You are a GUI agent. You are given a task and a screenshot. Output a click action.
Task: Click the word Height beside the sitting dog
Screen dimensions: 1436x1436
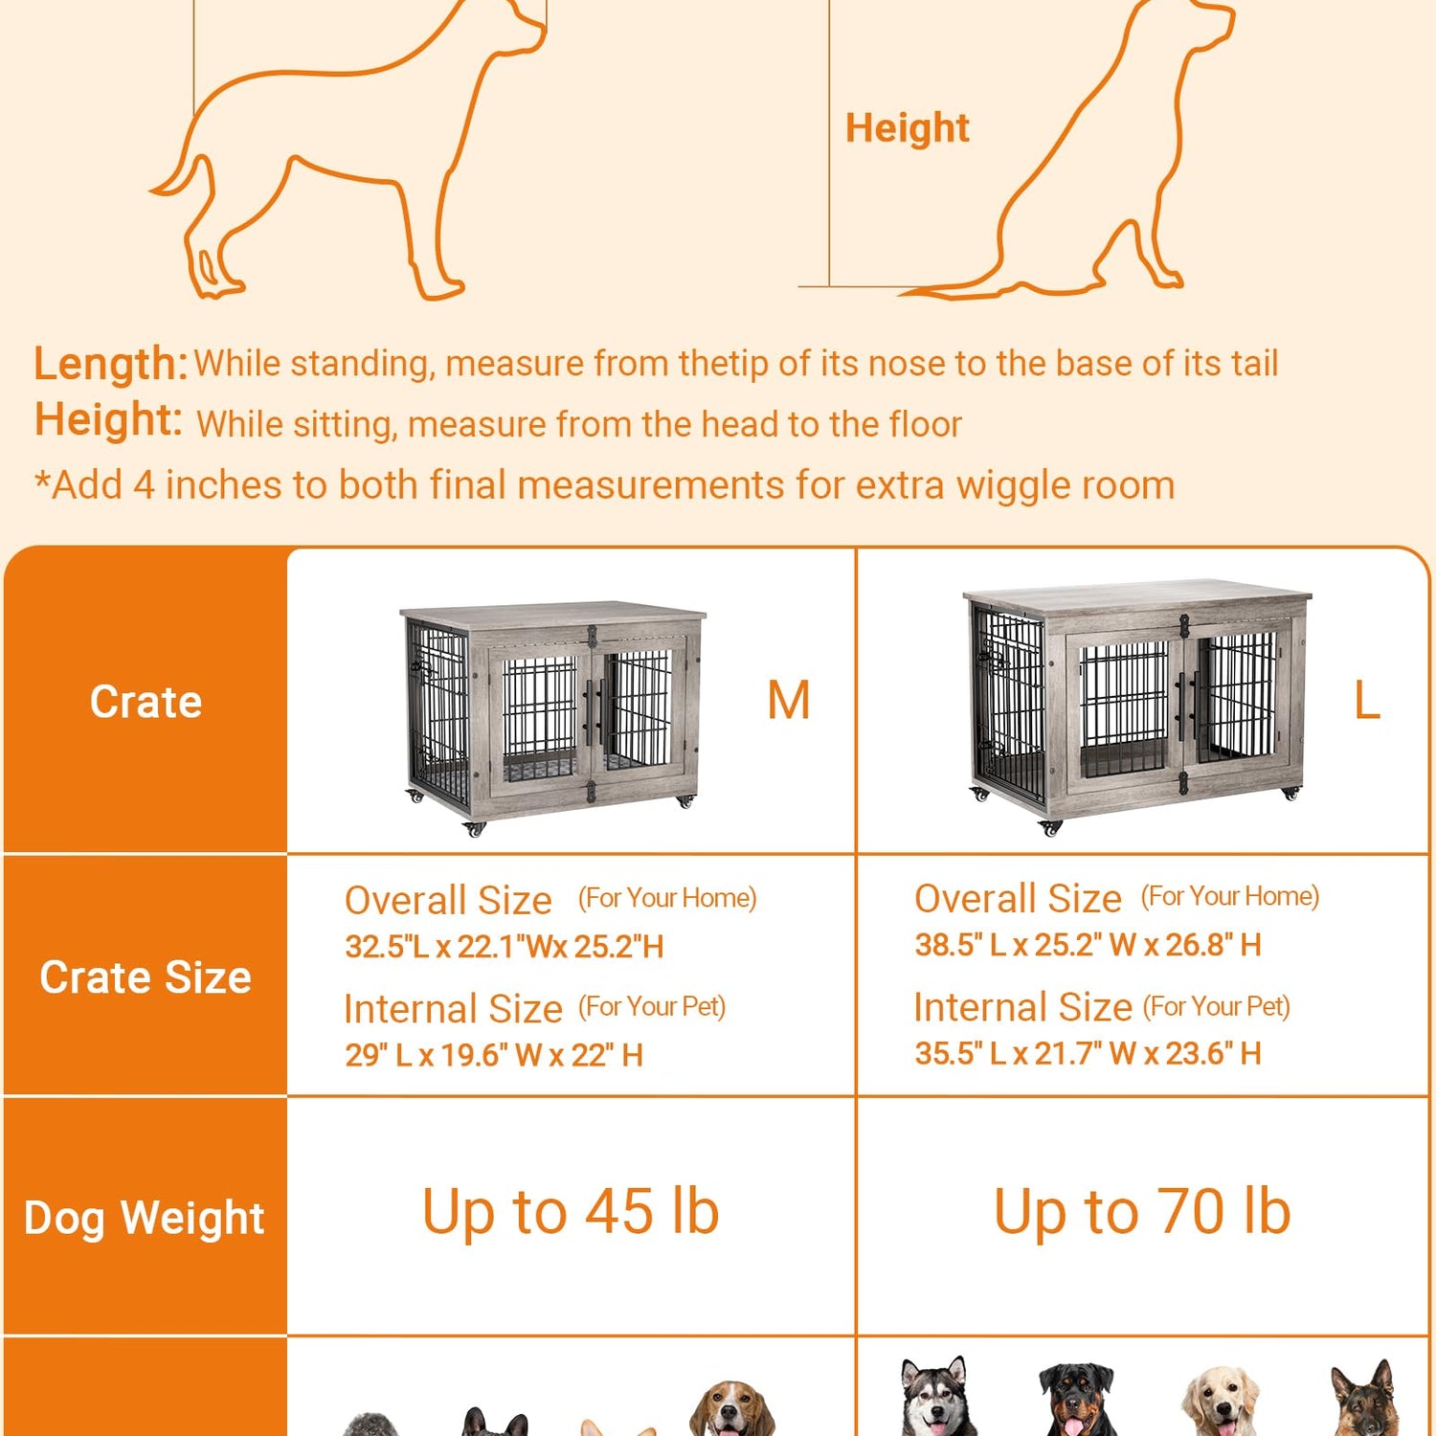[x=907, y=128]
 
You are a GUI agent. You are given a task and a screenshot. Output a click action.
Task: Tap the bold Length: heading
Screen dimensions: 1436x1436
[x=110, y=364]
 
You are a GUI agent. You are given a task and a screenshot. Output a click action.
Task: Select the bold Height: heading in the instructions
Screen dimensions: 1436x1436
[x=108, y=420]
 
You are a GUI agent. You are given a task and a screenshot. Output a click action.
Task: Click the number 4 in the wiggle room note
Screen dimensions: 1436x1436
[x=143, y=485]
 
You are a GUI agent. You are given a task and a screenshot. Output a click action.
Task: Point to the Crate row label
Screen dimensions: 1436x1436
[x=146, y=702]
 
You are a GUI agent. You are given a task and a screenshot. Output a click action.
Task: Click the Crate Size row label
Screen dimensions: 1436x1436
[x=146, y=977]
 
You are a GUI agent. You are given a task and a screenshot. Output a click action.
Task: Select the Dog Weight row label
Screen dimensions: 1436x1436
[x=145, y=1219]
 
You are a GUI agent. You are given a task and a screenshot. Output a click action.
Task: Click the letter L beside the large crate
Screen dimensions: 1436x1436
[x=1366, y=701]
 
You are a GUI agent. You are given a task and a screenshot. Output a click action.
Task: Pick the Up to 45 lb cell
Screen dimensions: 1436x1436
[x=571, y=1212]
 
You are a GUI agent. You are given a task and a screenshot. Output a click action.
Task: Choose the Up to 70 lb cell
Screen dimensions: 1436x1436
[x=1142, y=1212]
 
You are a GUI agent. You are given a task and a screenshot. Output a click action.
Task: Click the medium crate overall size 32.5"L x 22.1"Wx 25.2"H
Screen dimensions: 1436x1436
[x=505, y=947]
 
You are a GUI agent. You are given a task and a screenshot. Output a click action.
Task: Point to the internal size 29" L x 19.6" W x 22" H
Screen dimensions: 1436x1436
[x=494, y=1055]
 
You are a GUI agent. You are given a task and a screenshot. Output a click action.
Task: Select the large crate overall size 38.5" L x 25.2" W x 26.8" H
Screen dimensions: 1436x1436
[x=1088, y=945]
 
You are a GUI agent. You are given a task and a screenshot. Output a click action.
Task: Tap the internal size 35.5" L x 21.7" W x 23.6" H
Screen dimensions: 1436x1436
[x=1088, y=1053]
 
